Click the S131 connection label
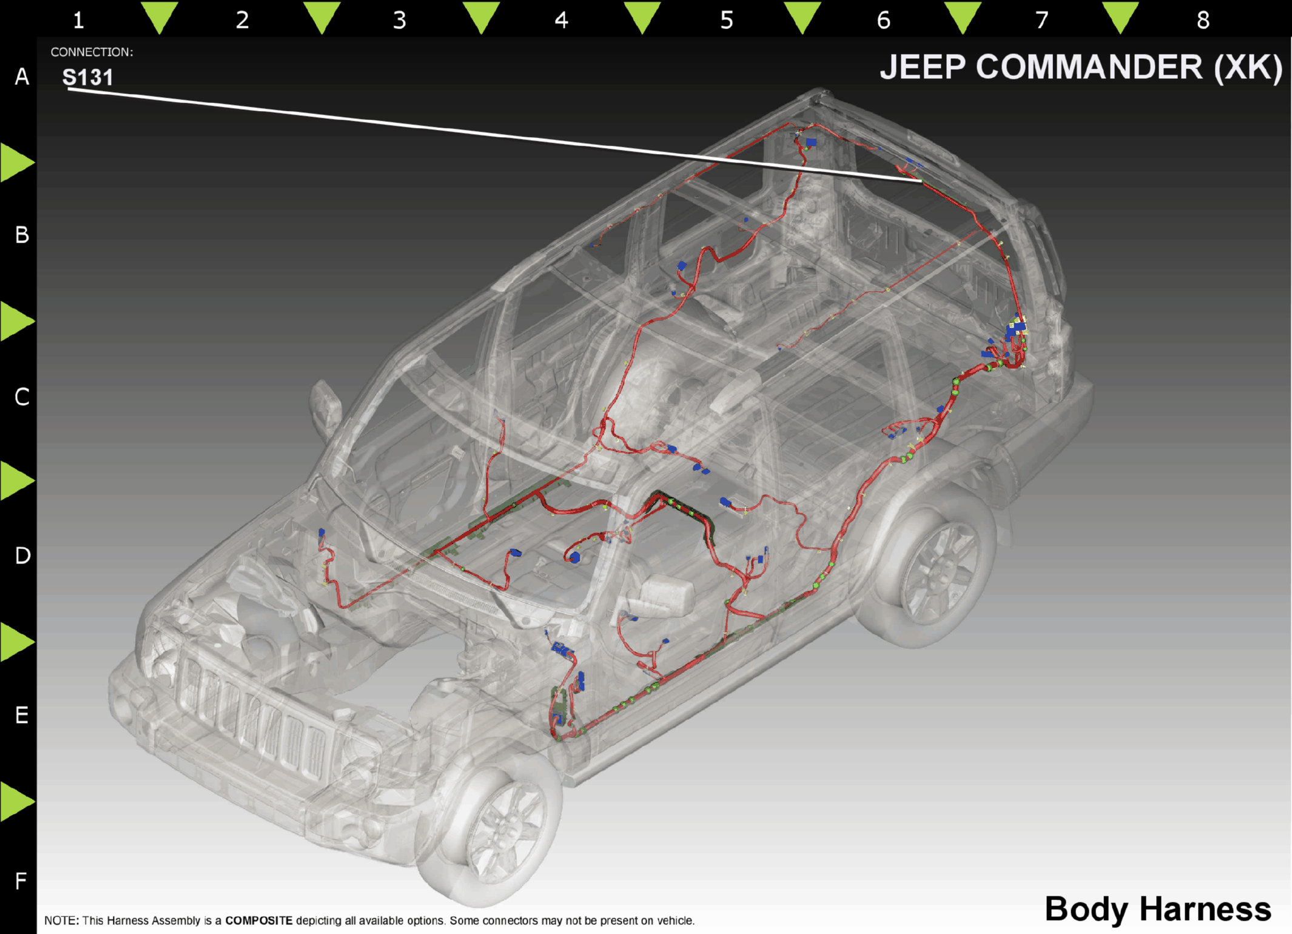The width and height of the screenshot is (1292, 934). [88, 77]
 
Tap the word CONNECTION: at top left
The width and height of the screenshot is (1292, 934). [92, 52]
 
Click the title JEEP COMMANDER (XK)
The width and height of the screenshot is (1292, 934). [1081, 67]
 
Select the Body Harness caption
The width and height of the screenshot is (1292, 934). [1157, 909]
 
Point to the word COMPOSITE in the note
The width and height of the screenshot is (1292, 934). [258, 921]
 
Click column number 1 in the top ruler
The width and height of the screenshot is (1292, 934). [78, 20]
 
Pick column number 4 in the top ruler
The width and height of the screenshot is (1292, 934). [561, 20]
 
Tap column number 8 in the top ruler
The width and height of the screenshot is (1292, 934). [1203, 20]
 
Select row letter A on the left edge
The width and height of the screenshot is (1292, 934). [22, 77]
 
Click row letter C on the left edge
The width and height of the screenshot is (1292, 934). [22, 397]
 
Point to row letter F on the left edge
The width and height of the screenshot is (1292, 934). [21, 881]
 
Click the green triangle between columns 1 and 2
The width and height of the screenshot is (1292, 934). [160, 16]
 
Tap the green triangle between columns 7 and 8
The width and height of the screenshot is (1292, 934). [1120, 16]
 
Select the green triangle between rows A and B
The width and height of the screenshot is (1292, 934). [16, 163]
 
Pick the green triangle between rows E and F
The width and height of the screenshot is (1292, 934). [16, 802]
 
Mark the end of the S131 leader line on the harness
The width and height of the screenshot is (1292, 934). [921, 181]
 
